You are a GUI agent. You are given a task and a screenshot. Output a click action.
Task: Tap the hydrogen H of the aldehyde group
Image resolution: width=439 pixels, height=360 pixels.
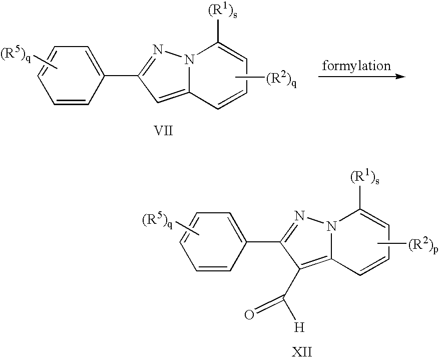tap(299, 327)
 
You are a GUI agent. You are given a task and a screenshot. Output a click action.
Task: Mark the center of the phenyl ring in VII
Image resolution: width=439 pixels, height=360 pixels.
tap(70, 76)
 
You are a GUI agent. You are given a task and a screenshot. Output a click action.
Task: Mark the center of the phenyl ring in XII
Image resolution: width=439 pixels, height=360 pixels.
tap(213, 243)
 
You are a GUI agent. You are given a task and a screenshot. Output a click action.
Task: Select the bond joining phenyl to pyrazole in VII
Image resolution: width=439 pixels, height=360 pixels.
tap(122, 76)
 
